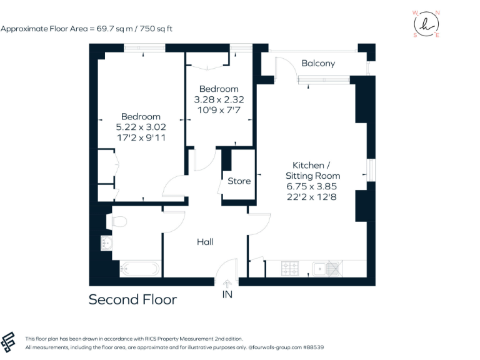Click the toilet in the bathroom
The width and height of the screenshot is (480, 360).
[117, 221]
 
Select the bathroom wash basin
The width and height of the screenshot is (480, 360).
[107, 244]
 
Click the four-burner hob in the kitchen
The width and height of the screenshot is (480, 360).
[291, 269]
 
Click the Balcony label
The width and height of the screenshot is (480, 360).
[318, 63]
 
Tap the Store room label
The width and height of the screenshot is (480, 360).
[239, 181]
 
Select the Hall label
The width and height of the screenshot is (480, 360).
[205, 241]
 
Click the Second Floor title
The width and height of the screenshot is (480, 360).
[132, 299]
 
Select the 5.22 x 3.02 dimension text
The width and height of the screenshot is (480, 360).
[141, 127]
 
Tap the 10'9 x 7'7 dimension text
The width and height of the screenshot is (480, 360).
[218, 110]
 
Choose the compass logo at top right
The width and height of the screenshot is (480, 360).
[426, 24]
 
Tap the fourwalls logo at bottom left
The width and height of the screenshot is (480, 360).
[10, 341]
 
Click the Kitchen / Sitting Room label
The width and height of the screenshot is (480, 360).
[312, 170]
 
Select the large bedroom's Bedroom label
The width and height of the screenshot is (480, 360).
[141, 116]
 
